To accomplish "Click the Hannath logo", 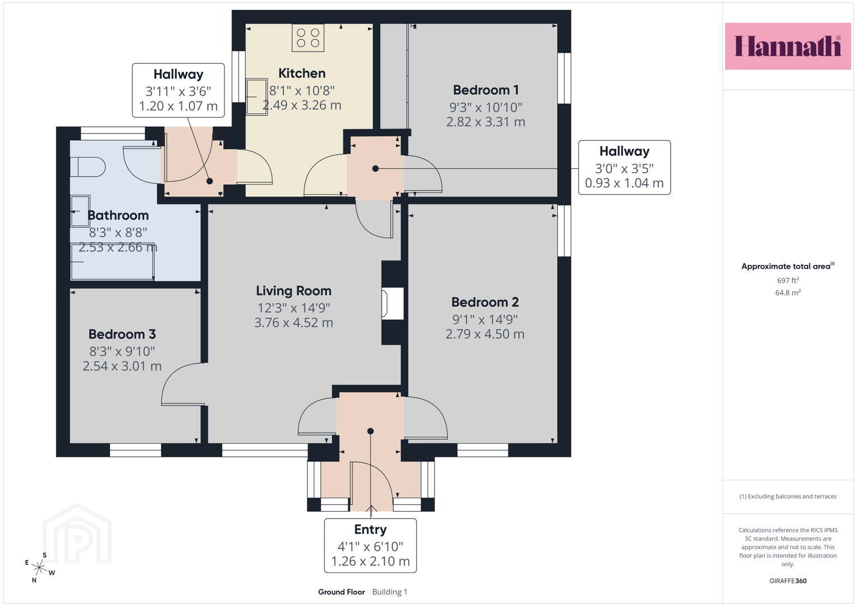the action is point(788,46).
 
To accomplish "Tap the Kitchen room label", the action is point(302,73).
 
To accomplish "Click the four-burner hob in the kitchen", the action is point(308,38).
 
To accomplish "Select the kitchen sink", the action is point(256,97).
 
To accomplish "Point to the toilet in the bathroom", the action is point(88,167).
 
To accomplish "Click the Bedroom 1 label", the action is point(485,90).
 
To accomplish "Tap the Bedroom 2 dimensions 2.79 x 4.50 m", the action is point(485,334).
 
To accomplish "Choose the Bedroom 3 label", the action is point(122,334).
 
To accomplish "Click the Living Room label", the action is point(294,291).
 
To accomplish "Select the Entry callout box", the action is point(370,545).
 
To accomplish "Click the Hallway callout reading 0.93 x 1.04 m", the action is point(624,168).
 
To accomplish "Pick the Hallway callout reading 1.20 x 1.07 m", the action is point(178,90).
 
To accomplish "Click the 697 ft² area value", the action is point(788,280).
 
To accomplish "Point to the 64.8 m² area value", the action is point(788,292).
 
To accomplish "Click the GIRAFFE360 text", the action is point(788,581).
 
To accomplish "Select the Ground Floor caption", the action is point(341,592).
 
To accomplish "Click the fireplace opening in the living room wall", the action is point(392,304).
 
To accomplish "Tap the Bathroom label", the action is point(118,215).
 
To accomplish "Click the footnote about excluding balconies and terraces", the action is point(788,496).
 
